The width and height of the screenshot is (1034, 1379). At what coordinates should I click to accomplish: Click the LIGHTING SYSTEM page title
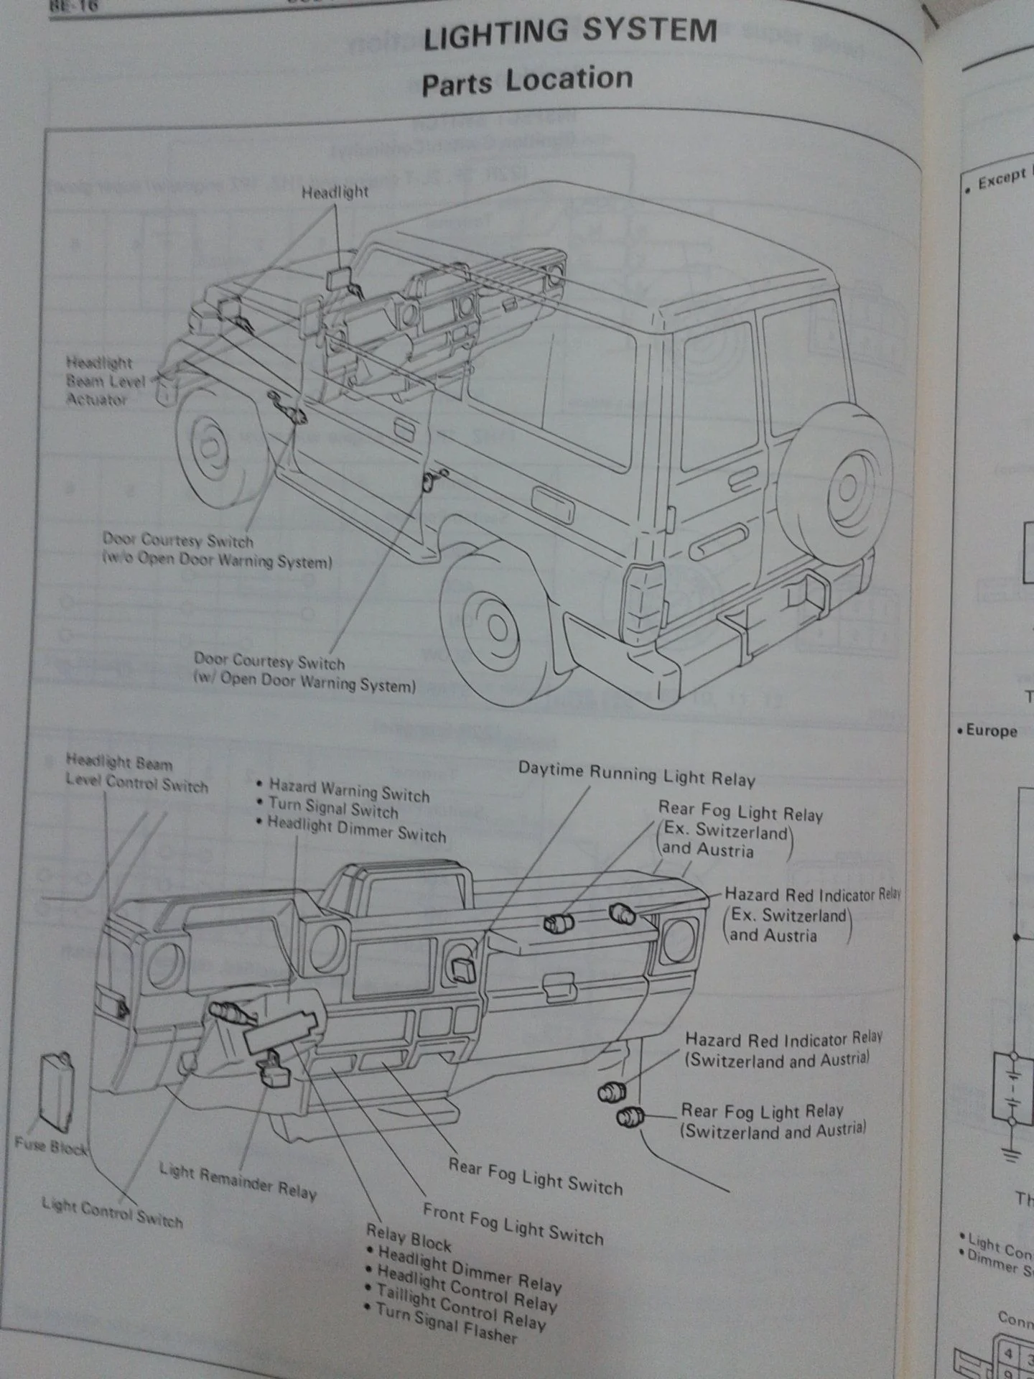pos(570,33)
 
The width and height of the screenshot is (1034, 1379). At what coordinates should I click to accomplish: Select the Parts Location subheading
pos(526,81)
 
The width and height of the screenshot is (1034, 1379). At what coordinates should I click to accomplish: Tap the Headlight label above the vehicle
pos(335,192)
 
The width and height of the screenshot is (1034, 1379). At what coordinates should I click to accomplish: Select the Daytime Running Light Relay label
pos(636,774)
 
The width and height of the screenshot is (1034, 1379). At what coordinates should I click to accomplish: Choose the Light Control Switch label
pos(112,1212)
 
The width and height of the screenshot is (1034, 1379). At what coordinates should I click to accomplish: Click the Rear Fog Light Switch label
pos(535,1176)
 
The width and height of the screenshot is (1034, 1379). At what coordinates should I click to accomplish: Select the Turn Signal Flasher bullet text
pos(446,1324)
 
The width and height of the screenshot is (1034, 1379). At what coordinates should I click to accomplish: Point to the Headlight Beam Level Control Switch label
pos(136,773)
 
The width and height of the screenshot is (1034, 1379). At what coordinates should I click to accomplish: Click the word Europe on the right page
pos(991,731)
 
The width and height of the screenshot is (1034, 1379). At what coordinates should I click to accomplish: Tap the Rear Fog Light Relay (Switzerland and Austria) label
pos(772,1120)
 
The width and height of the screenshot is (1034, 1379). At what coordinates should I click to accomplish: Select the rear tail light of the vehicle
pos(643,603)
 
